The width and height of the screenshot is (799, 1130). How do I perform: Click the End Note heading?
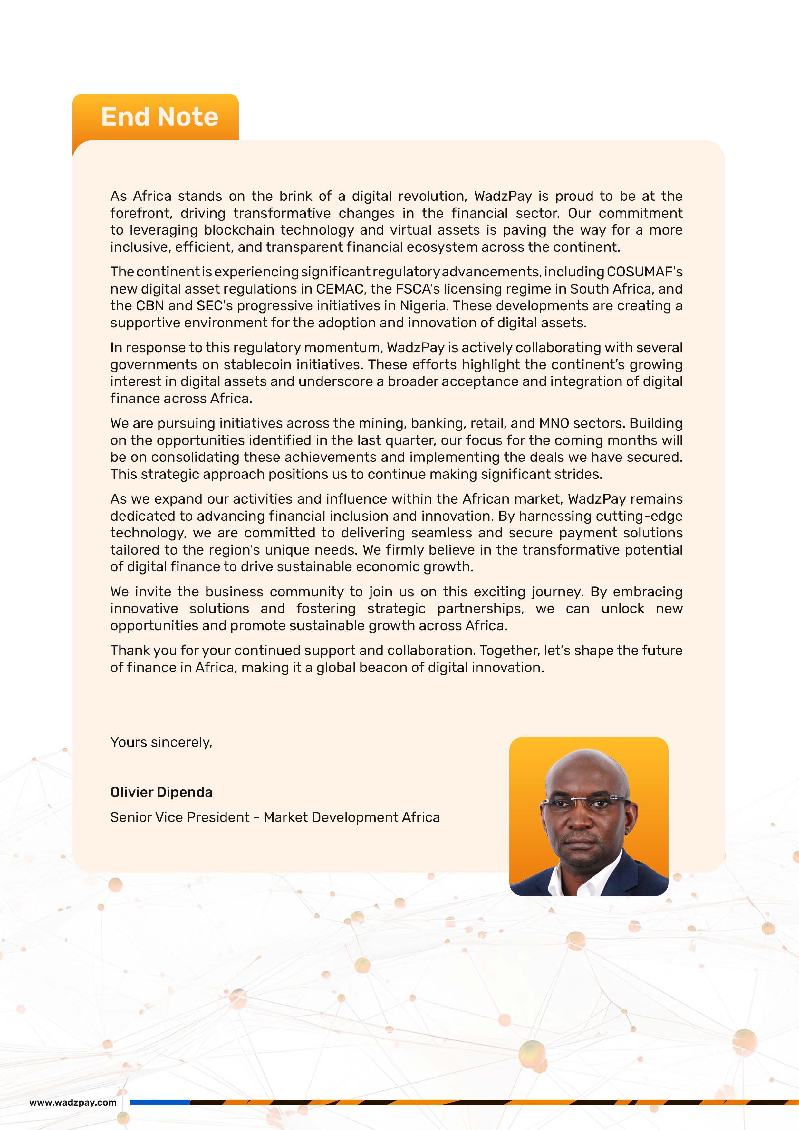159,117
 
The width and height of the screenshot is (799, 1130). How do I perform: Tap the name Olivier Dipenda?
161,792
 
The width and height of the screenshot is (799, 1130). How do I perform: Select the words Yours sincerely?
161,742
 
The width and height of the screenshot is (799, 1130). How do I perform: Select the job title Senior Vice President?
179,817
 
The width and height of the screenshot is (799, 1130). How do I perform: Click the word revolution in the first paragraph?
431,196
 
